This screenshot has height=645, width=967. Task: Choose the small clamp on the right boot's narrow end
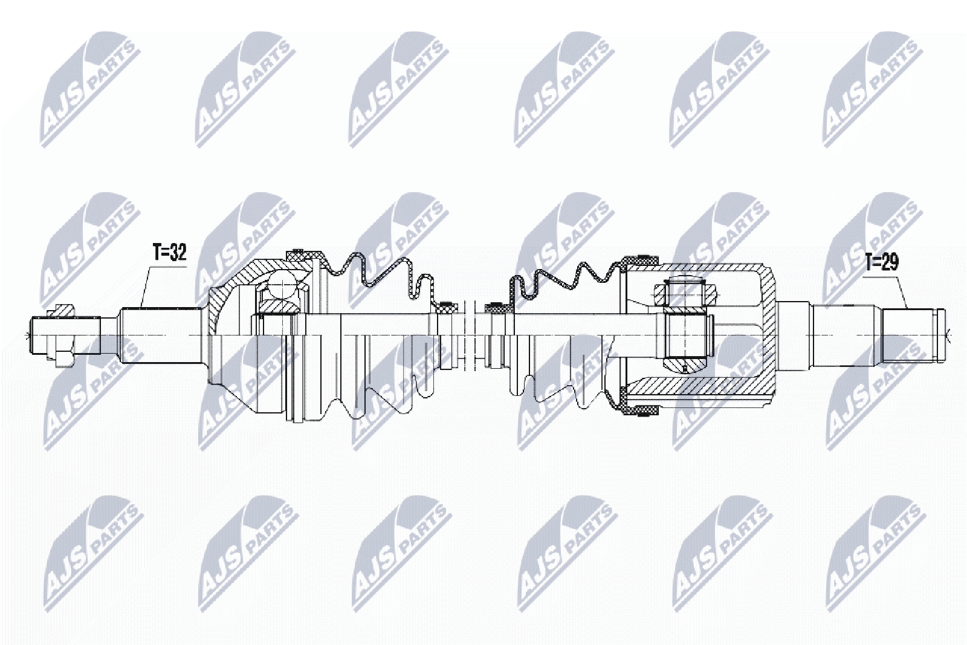coord(497,306)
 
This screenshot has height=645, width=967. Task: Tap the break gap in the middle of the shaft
coord(472,335)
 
